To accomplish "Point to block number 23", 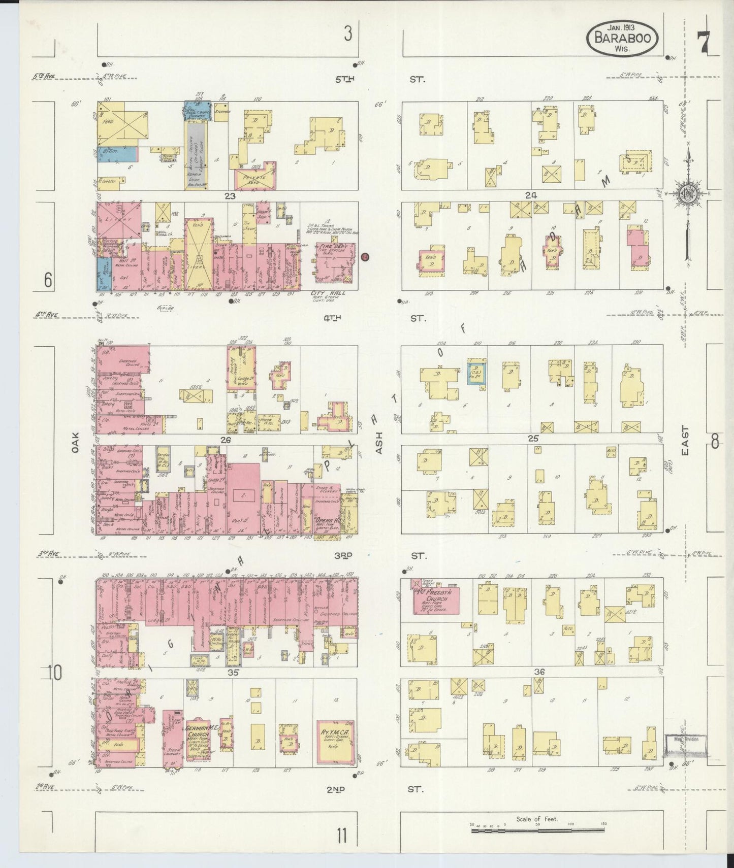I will tap(231, 196).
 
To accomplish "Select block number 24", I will tap(531, 195).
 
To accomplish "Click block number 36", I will tap(539, 672).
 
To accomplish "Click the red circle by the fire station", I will tap(365, 257).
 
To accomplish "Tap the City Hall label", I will tap(327, 293).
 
